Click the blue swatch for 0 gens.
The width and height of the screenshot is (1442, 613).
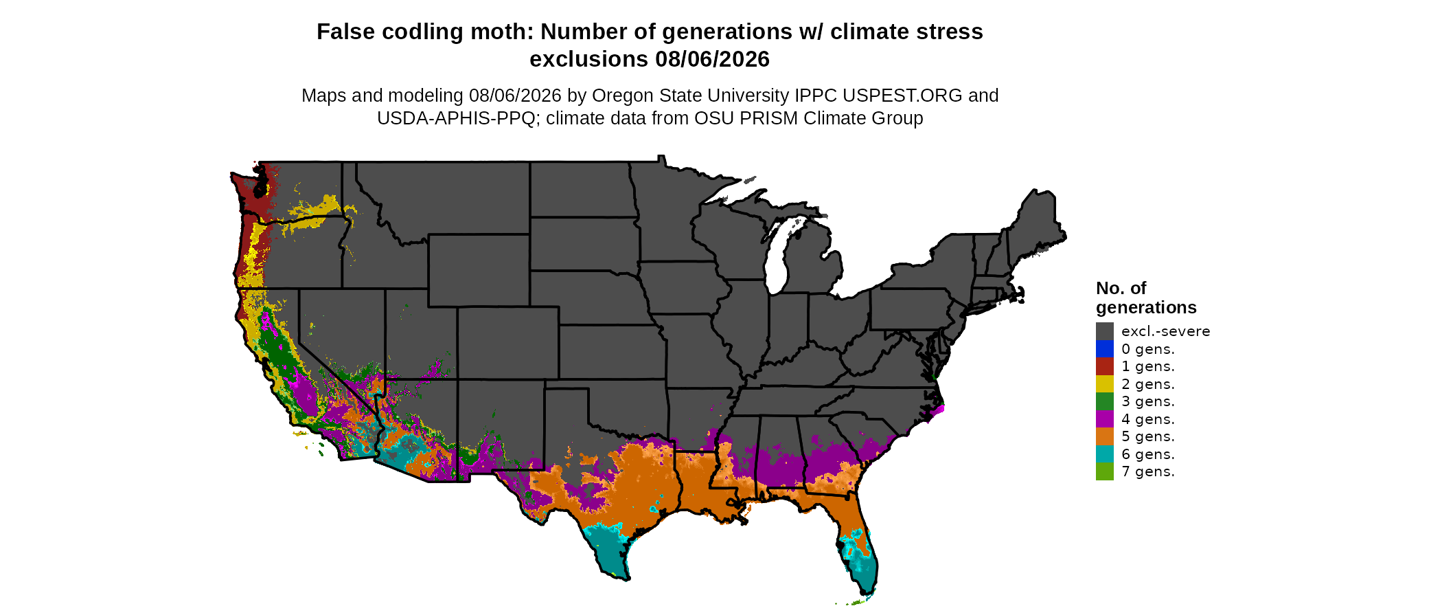1104,349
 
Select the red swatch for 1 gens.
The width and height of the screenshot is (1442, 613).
1104,366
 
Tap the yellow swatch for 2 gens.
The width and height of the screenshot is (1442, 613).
1104,384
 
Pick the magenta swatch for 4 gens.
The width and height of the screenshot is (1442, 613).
1104,419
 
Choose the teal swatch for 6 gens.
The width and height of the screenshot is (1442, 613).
1104,454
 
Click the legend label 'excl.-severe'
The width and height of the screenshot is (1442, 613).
1165,331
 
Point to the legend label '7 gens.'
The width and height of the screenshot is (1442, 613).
1148,471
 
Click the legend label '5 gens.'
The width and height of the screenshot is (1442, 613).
1148,436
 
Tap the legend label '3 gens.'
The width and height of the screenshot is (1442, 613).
1148,401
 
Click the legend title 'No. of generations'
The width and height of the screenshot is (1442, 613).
1146,298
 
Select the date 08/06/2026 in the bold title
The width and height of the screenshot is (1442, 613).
712,59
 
